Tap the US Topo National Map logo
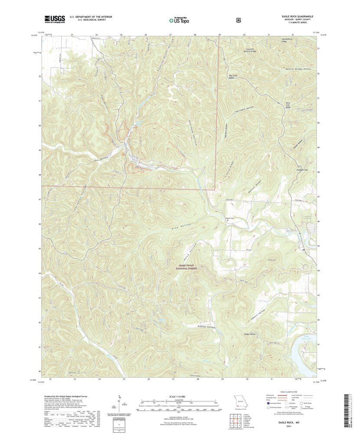pos(179,20)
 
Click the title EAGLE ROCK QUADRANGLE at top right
pos(297,16)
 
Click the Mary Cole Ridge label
pos(286,104)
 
